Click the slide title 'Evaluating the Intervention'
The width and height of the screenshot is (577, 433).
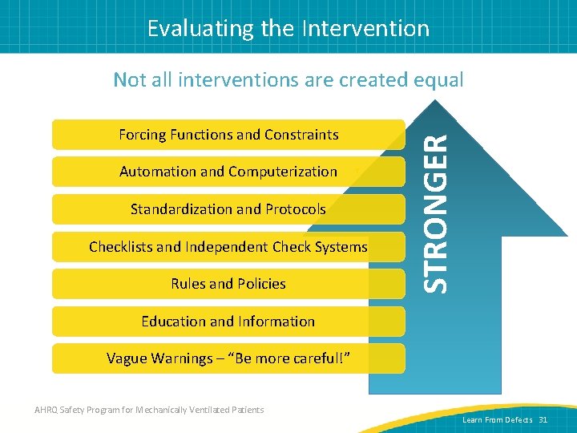click(288, 29)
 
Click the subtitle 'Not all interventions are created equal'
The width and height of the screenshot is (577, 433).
click(288, 79)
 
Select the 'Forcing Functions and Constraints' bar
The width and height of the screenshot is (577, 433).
click(228, 135)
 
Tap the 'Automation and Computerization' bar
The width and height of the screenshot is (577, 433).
click(228, 172)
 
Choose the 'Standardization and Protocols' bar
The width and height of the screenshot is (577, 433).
click(228, 209)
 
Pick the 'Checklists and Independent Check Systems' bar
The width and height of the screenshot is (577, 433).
click(228, 247)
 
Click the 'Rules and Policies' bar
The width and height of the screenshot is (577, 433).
click(228, 284)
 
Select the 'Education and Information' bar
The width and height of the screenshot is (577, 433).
click(228, 322)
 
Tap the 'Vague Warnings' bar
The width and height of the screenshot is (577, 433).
click(228, 358)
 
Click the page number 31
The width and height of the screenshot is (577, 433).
click(543, 420)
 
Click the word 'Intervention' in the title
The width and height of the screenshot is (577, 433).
click(367, 29)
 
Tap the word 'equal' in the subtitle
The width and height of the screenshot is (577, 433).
click(438, 79)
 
